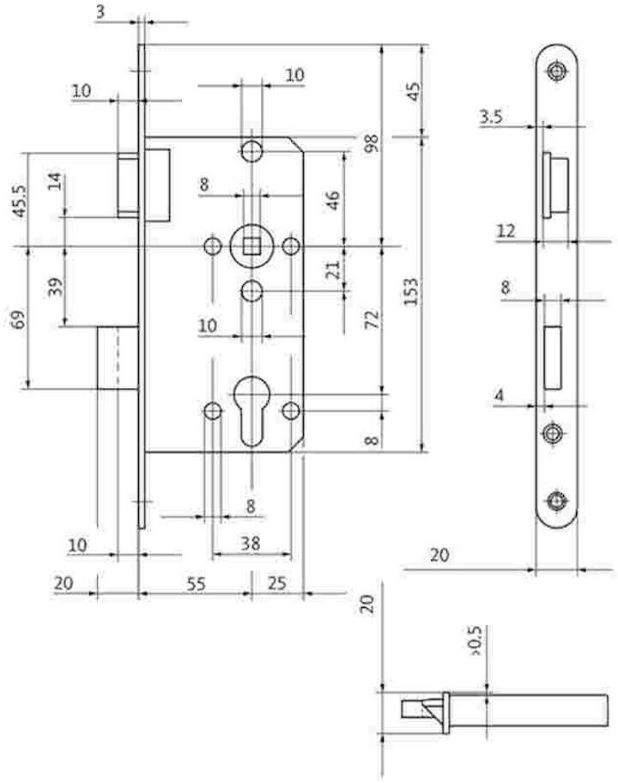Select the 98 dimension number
coord(372,143)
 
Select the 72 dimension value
coord(372,320)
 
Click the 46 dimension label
coord(333,199)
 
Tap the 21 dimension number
coord(334,270)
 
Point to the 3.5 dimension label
coord(491,118)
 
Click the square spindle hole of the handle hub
coord(251,247)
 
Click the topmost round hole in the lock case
coord(251,151)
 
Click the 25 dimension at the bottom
coord(276,584)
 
